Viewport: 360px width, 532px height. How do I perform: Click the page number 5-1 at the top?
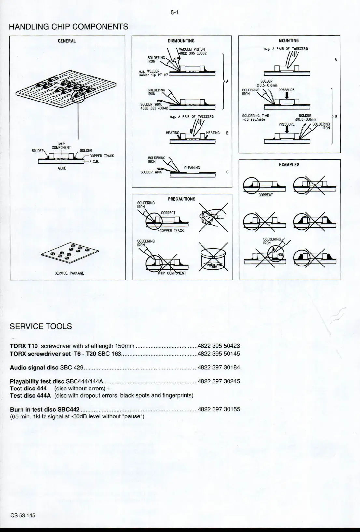coord(175,13)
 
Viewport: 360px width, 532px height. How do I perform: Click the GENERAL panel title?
coord(67,41)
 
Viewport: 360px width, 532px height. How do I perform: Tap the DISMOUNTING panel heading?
coord(181,41)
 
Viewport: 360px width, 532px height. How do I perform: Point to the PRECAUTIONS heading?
coord(182,199)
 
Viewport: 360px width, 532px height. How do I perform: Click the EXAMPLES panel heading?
coord(289,165)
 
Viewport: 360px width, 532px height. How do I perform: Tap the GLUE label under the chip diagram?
coord(62,168)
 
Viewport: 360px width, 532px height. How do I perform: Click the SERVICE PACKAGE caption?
coord(69,273)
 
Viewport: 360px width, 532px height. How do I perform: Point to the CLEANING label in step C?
coord(192,168)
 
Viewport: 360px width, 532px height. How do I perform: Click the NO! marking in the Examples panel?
coord(280,255)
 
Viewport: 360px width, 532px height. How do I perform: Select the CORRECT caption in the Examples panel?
coord(266,195)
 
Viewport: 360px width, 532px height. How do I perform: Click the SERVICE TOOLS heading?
coord(41,327)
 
